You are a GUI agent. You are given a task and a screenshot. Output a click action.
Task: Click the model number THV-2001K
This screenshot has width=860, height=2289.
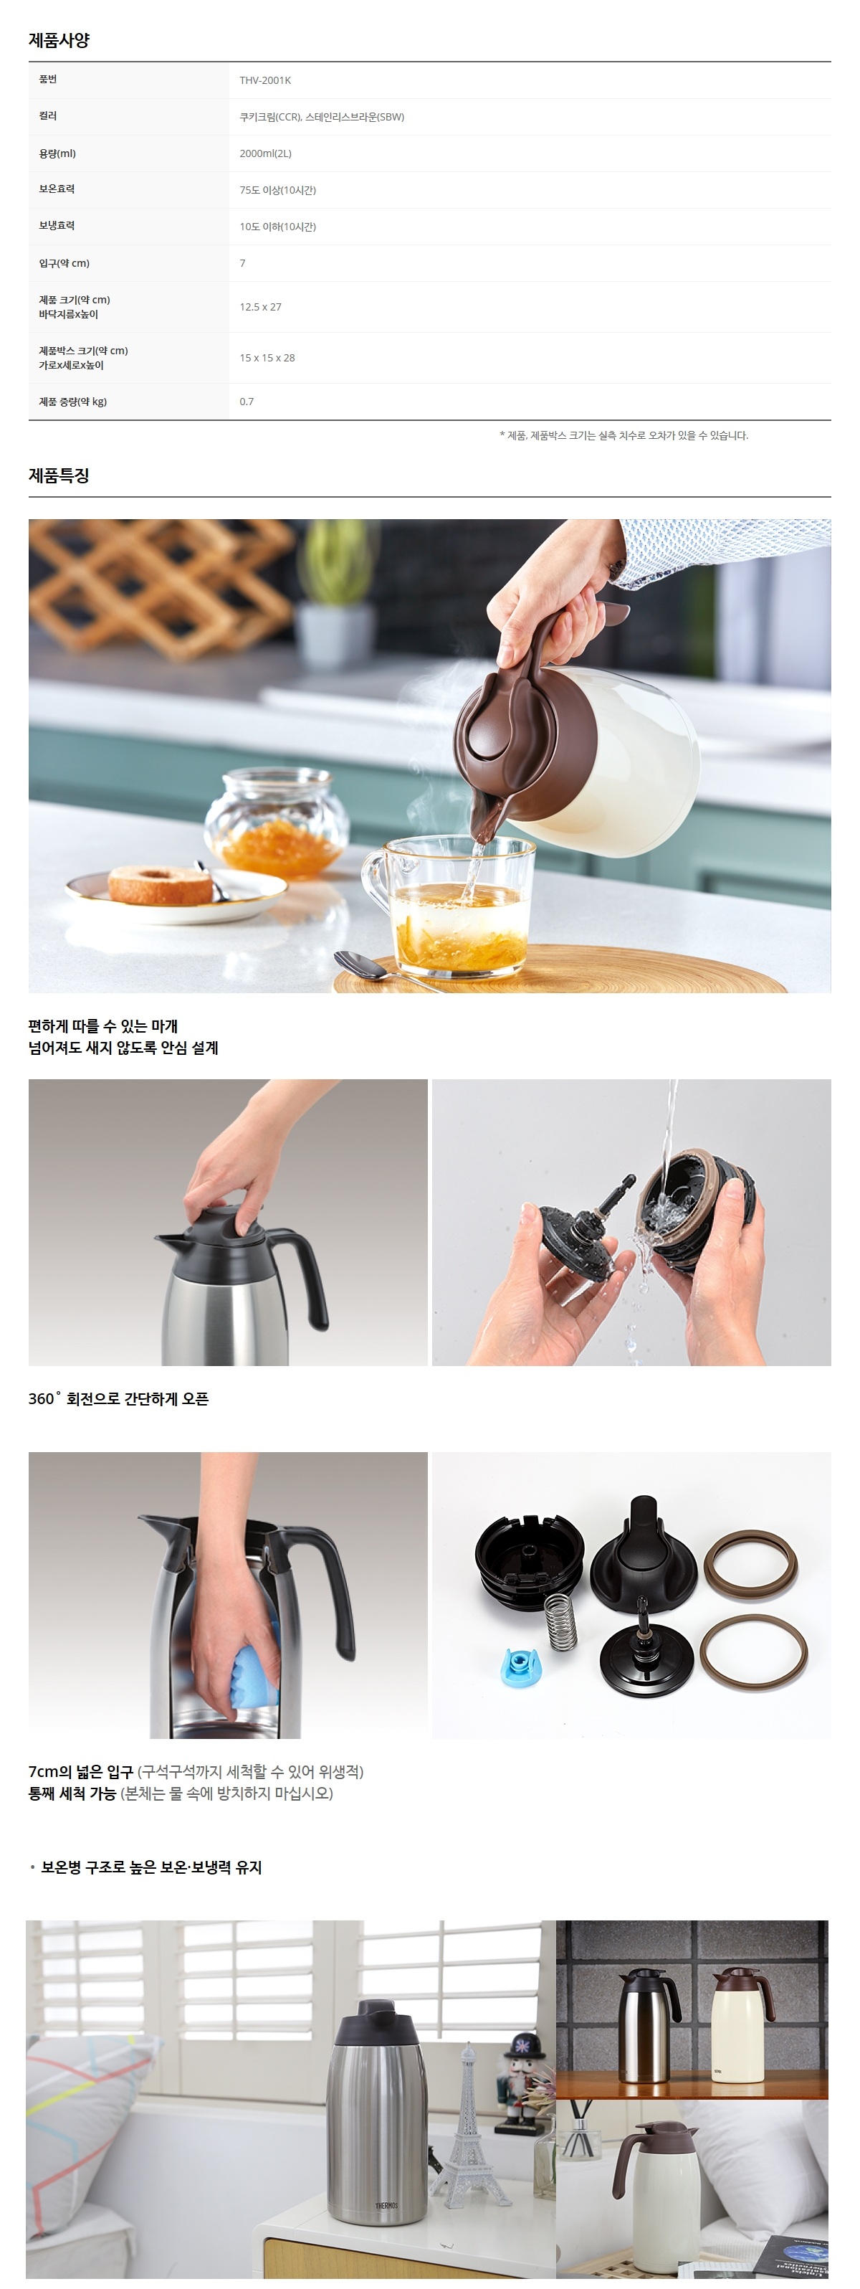(264, 81)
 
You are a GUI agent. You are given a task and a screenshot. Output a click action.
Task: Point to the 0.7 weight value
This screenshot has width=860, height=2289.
(246, 402)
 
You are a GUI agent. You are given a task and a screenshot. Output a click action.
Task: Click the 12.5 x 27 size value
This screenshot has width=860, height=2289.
(260, 308)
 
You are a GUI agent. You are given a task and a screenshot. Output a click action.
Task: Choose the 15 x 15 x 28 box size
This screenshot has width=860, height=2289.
(267, 358)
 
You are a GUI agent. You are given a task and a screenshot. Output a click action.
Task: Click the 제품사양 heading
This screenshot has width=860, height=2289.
(59, 40)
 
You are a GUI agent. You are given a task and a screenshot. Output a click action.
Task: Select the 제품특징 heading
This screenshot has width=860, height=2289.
(59, 475)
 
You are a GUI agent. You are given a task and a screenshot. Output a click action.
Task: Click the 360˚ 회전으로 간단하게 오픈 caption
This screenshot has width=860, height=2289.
(118, 1398)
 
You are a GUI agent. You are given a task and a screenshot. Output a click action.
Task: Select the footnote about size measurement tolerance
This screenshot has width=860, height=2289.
(623, 435)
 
